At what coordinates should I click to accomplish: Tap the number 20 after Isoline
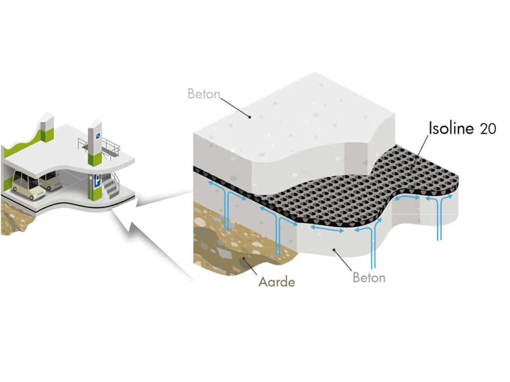pos(488,129)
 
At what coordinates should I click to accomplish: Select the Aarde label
pos(276,282)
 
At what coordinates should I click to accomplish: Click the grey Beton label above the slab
pos(204,94)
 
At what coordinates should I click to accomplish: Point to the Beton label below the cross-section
pos(369,277)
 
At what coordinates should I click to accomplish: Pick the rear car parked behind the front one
pos(50,180)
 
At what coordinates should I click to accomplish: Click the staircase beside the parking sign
pos(111,189)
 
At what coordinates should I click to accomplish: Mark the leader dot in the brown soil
pos(244,258)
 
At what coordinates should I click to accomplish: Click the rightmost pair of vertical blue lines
pos(439,219)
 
